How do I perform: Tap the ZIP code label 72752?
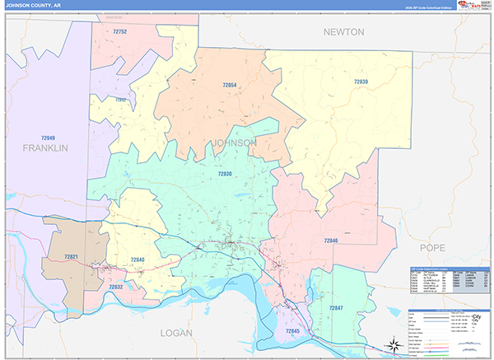coord(120,31)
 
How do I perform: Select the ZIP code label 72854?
coord(230,85)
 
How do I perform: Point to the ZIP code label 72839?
coord(361,82)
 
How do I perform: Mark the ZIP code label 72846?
coord(332,240)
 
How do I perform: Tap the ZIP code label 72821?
coord(71,257)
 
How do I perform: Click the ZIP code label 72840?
coord(137,259)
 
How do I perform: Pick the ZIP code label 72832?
coord(116,287)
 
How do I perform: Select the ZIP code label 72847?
coord(336,307)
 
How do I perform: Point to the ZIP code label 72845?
coord(292,331)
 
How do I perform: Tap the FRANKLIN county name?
coord(45,148)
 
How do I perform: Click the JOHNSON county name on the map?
coord(235,143)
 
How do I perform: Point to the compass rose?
coord(394,345)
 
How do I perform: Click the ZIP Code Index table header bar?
coord(449,269)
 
